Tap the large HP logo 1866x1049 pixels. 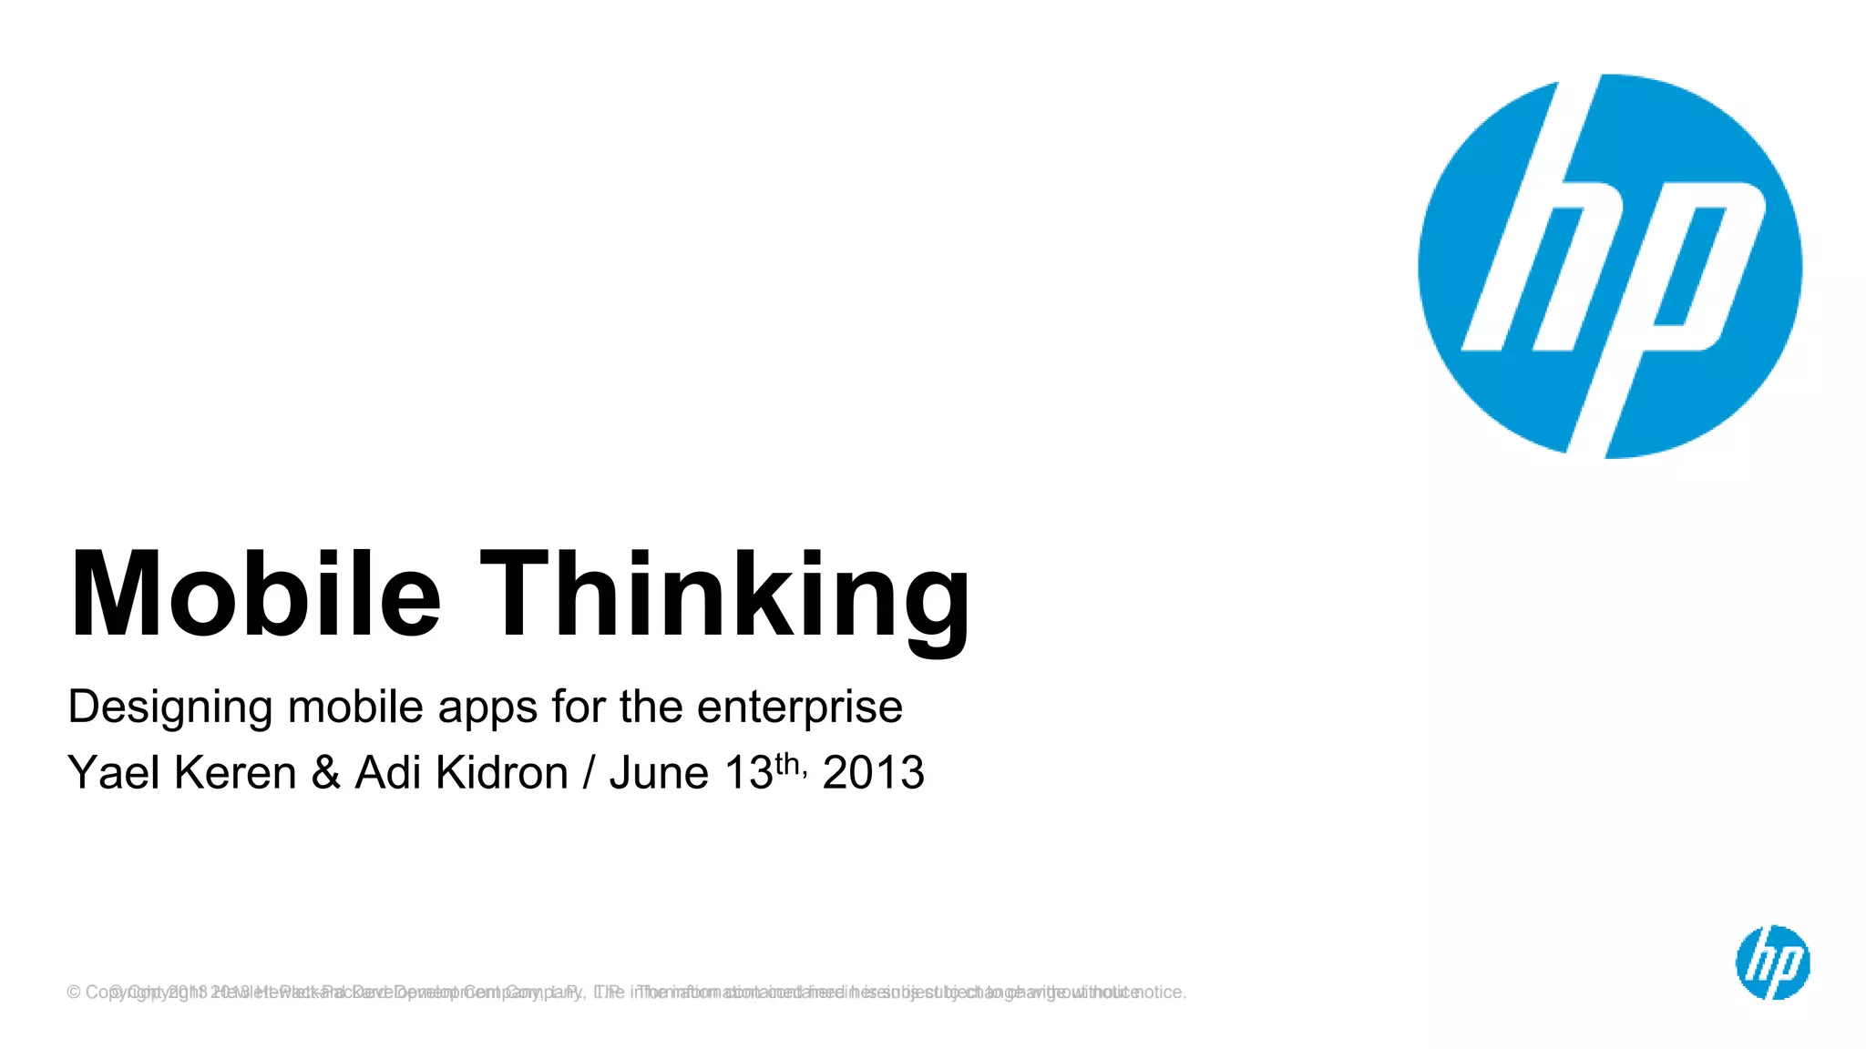coord(1610,266)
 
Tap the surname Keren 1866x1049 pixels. coord(235,773)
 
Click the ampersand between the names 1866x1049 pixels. coord(325,773)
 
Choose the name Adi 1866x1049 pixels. coord(389,773)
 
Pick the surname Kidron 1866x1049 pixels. coord(502,773)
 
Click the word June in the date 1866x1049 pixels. coord(659,773)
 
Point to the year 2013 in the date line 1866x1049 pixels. coord(873,773)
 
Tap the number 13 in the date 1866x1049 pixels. coord(748,773)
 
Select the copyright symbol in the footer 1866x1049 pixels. coord(74,993)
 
